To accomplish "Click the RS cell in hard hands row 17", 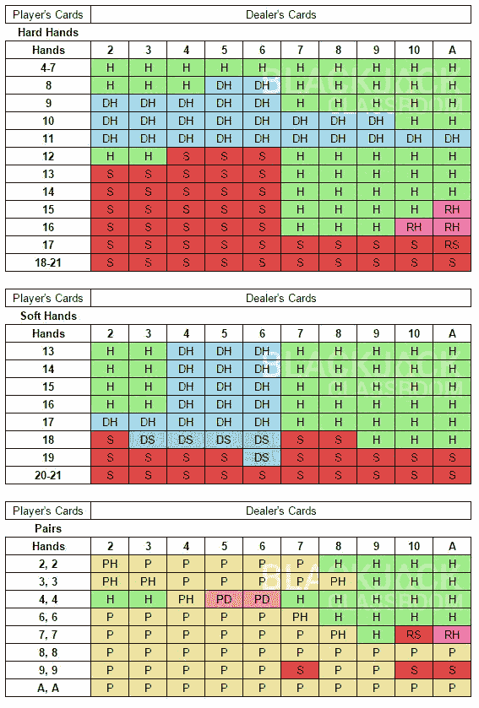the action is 452,245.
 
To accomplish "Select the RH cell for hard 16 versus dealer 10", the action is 414,227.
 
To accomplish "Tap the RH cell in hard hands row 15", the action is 452,209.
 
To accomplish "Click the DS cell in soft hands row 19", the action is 262,457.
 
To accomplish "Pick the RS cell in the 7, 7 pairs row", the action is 414,635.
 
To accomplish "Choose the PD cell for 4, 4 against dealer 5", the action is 224,599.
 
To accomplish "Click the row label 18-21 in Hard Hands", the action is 48,262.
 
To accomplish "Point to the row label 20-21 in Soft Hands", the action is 48,475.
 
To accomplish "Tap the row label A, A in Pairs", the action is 48,688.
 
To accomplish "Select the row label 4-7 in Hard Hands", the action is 48,68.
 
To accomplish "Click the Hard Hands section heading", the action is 48,32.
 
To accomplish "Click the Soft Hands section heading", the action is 47,316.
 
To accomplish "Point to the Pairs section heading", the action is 33,528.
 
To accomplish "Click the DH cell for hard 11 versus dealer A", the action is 452,138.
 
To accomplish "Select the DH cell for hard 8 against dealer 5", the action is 224,85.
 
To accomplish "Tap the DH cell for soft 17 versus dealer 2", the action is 110,422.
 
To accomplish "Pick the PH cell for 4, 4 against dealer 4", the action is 186,599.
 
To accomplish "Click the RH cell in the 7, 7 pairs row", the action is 452,635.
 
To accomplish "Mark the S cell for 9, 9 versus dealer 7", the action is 300,670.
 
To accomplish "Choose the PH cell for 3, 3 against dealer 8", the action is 338,581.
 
